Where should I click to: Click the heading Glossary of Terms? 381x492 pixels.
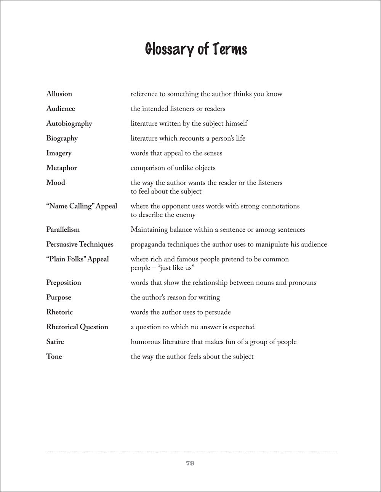[196, 50]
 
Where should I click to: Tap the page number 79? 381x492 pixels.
[190, 463]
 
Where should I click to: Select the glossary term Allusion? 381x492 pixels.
[59, 94]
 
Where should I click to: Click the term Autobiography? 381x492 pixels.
[69, 123]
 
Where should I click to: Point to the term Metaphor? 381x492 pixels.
[61, 168]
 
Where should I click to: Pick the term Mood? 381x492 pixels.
[56, 183]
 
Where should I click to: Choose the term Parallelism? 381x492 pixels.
[63, 229]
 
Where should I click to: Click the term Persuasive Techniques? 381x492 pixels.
[80, 244]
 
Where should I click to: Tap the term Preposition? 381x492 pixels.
[64, 282]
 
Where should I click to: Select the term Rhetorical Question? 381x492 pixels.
[77, 327]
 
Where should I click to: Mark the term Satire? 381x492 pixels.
[55, 342]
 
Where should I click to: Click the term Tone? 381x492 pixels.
[54, 357]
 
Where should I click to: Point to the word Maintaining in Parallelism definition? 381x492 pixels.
[149, 229]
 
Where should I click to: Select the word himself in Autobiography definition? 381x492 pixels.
[235, 123]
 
